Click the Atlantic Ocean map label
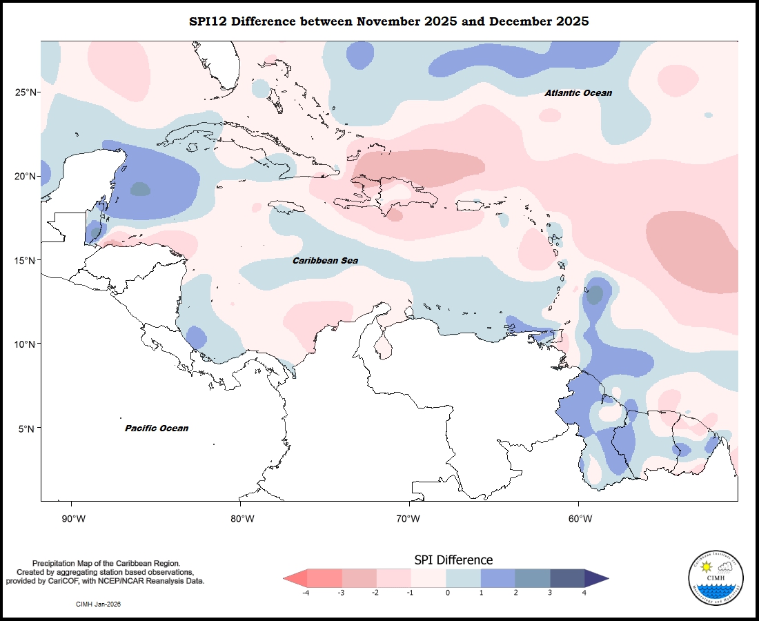coord(578,92)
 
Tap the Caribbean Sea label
coord(325,261)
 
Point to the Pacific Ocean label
coord(157,428)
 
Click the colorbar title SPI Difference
coord(453,560)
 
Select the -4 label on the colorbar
coord(306,593)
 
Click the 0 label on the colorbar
coord(447,593)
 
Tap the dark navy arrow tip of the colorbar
coord(597,578)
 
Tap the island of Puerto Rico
coord(467,205)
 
